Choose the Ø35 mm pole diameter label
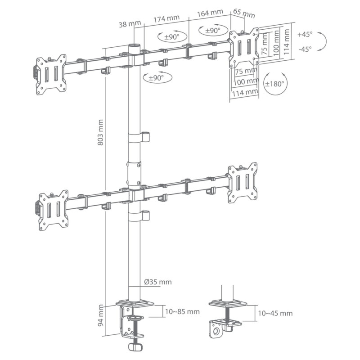click(x=157, y=282)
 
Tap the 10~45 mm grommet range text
click(x=274, y=313)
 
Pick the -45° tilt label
click(x=305, y=50)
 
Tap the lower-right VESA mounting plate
click(x=243, y=182)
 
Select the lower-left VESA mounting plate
click(x=53, y=208)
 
